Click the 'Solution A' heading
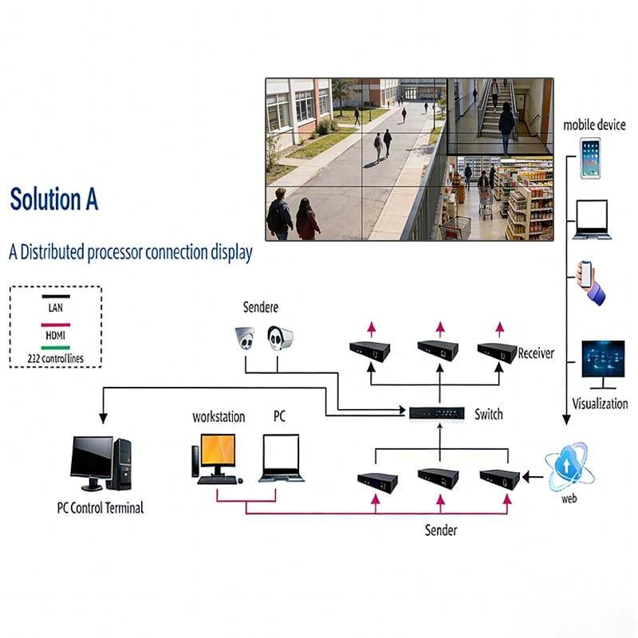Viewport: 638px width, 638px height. (x=54, y=199)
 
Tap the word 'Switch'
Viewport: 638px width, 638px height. (x=489, y=415)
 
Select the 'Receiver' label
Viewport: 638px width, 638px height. (x=536, y=353)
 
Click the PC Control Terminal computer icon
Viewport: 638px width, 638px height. (x=100, y=463)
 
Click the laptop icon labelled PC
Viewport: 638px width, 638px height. (x=281, y=459)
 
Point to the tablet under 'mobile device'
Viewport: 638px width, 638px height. (x=590, y=158)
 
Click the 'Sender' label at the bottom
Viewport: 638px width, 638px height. (x=441, y=530)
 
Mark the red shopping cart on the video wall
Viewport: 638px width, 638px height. (x=455, y=228)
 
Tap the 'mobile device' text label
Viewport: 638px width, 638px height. (x=594, y=125)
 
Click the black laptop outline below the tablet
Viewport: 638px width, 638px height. (x=592, y=219)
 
